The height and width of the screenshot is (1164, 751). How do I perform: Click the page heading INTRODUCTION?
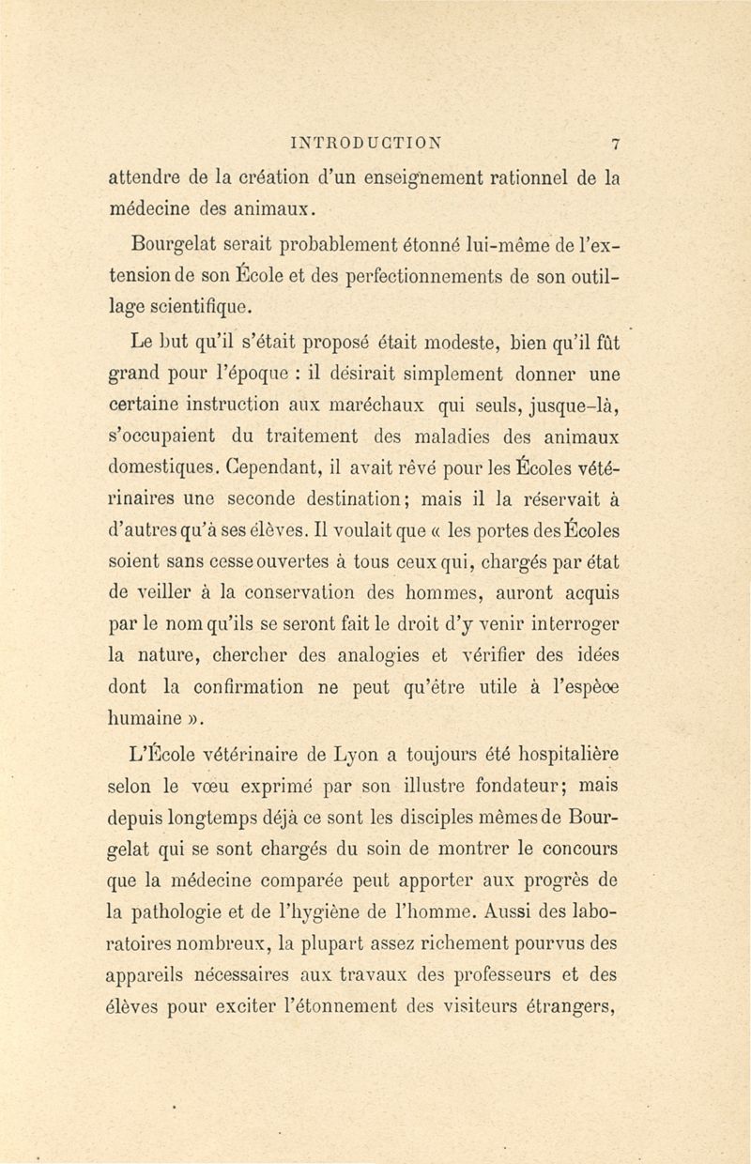372,145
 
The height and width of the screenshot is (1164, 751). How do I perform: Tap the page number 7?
615,145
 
